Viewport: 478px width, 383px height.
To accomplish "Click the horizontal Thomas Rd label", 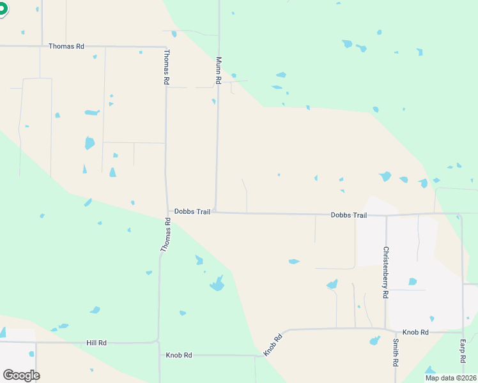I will tap(66, 47).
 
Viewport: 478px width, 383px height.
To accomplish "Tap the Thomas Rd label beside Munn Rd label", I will tap(167, 67).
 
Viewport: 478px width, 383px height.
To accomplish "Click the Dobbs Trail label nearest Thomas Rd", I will tap(192, 211).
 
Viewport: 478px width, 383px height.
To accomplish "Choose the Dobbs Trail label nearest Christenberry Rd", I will tap(348, 215).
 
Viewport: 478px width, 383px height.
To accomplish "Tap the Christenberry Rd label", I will tap(386, 273).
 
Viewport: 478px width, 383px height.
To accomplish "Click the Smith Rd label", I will tap(396, 352).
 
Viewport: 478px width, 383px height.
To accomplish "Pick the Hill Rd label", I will tap(96, 343).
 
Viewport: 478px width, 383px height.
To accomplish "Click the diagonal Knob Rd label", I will tap(273, 345).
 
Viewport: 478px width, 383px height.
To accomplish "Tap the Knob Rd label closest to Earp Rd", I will tap(415, 333).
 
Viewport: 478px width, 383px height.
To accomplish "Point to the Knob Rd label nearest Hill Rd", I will tap(179, 355).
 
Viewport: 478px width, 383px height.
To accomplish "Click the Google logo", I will tap(21, 375).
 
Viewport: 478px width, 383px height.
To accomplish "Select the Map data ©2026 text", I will tap(451, 378).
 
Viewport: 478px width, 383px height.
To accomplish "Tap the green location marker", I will tap(2, 9).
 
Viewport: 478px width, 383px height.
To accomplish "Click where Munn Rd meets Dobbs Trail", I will tap(215, 212).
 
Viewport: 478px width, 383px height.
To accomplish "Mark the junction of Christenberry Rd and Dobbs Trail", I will tap(386, 215).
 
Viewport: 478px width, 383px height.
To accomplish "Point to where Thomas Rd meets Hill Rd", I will tap(158, 342).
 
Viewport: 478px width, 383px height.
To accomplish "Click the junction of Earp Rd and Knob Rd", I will tap(462, 332).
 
